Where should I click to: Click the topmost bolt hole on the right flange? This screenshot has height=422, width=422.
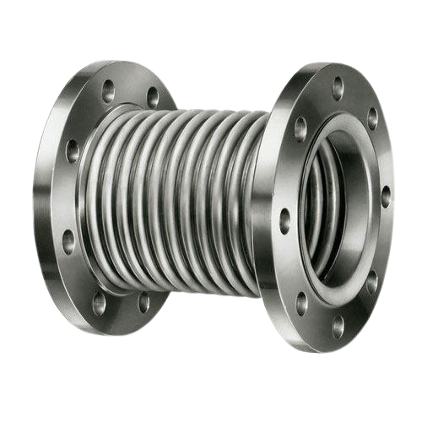pos(337,83)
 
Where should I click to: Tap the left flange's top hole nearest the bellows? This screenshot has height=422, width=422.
pos(153,94)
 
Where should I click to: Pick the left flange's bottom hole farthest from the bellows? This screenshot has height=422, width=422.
pos(100,300)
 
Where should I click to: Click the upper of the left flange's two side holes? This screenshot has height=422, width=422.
pos(73,152)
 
